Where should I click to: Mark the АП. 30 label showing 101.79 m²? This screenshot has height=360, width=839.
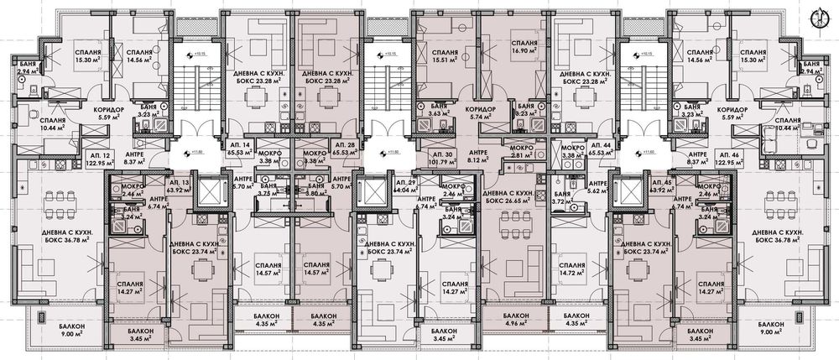pyautogui.click(x=446, y=155)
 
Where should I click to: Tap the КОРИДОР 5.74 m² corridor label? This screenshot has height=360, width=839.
pyautogui.click(x=481, y=114)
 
